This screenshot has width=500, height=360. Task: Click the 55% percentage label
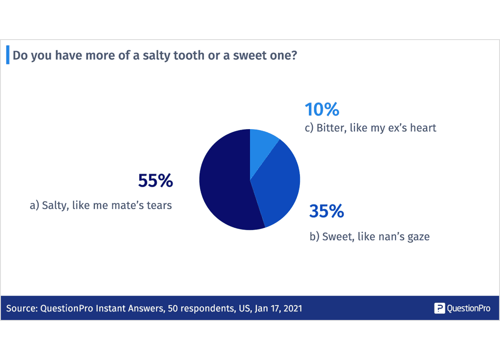tap(155, 181)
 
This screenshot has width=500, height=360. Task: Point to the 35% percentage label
tap(326, 211)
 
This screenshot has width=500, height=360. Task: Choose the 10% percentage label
tap(322, 110)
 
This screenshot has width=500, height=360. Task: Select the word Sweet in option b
tap(336, 237)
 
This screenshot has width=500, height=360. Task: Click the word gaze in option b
tap(418, 237)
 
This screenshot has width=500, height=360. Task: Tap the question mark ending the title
tap(294, 56)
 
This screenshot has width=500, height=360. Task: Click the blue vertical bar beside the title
tap(7, 55)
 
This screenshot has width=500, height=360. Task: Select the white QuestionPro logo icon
tap(439, 308)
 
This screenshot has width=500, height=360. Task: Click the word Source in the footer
tap(21, 309)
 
